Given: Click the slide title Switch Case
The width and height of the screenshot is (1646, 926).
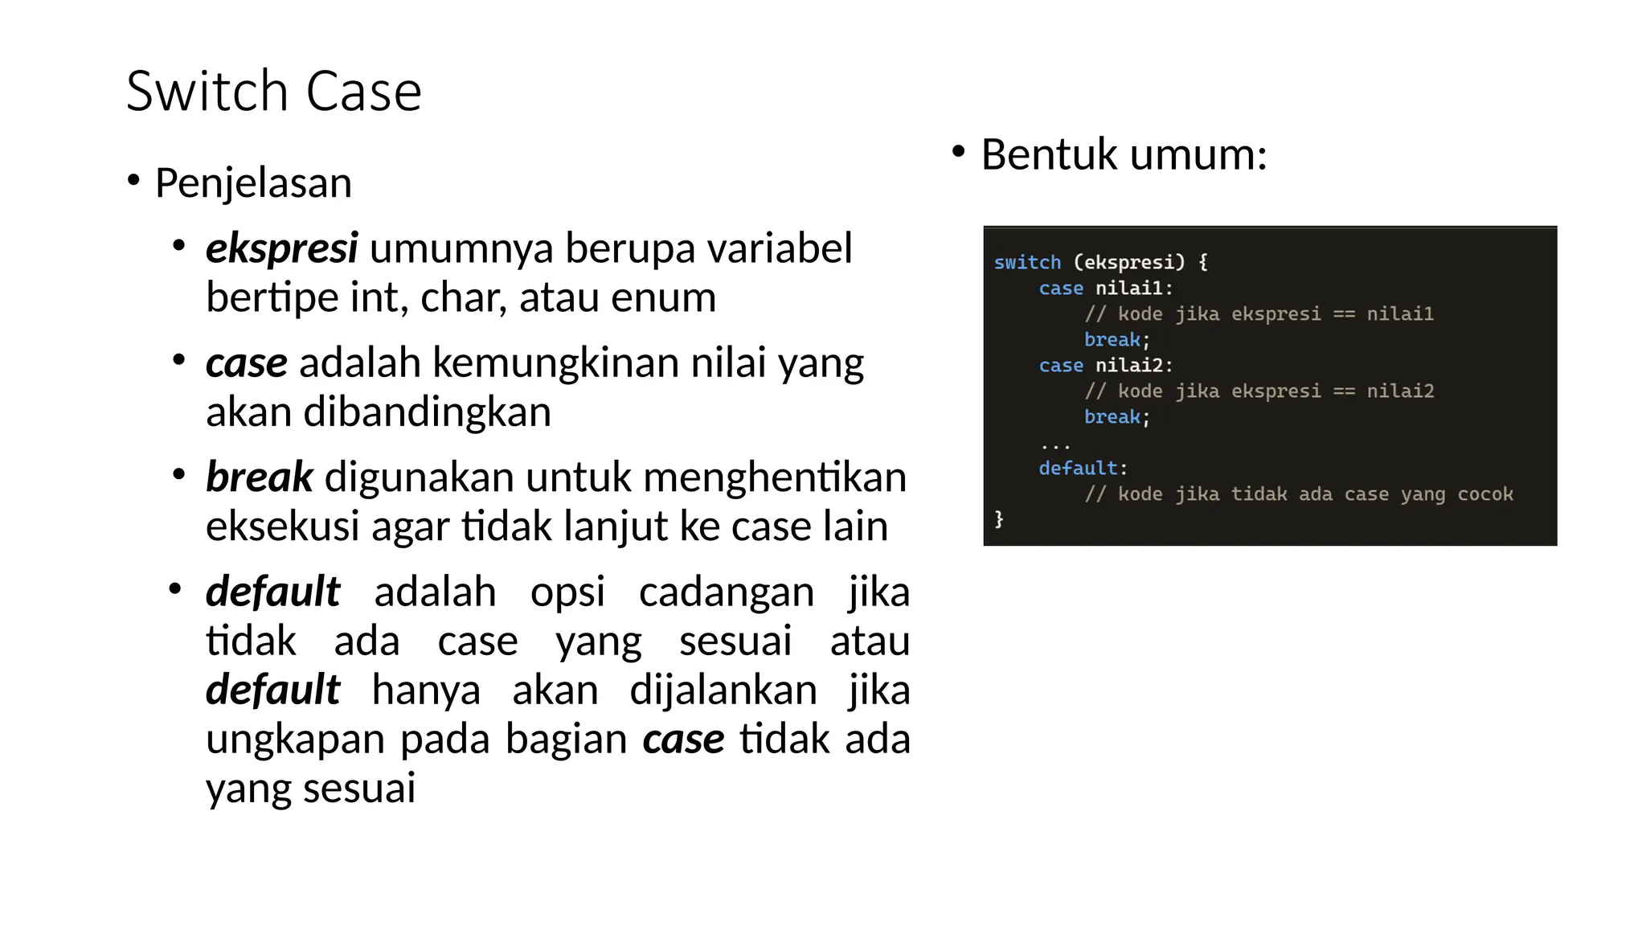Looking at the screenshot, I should tap(273, 91).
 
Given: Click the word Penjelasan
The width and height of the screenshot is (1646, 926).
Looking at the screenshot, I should tap(253, 182).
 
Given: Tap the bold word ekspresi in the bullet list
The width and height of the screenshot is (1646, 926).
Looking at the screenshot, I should tap(281, 248).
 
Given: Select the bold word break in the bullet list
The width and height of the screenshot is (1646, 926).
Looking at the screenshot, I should tap(259, 477).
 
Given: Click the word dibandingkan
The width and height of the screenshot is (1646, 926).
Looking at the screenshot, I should tap(427, 412).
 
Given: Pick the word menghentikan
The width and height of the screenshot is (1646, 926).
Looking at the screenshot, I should tap(775, 477).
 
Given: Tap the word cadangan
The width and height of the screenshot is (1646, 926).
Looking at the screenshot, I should tap(726, 592).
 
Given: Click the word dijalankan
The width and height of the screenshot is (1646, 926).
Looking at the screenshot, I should tap(723, 690).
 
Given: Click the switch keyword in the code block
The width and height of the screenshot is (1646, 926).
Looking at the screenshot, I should tap(1027, 262).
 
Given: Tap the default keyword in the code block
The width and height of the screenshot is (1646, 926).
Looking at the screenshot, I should tap(1078, 468).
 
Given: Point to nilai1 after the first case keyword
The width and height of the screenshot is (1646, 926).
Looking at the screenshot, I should tap(1128, 288).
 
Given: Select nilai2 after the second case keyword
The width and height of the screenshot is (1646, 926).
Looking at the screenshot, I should tap(1128, 365).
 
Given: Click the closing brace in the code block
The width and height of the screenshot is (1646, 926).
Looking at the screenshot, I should tap(999, 518).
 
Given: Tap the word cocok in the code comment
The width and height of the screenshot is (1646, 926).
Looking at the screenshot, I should tap(1484, 494).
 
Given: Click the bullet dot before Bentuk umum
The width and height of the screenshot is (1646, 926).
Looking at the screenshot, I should tap(957, 151).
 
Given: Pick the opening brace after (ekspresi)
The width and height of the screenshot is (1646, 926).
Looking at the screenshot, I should tap(1202, 262).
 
